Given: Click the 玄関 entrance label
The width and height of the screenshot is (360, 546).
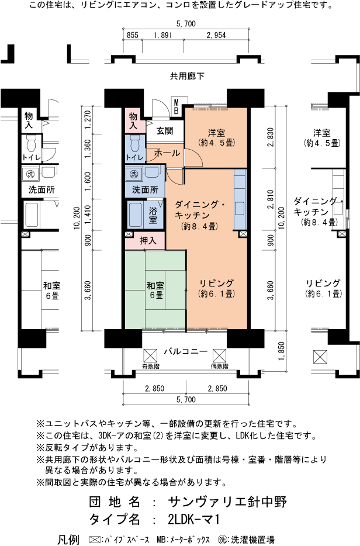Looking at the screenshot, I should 164,130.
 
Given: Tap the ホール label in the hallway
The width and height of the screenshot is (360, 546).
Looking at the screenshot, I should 167,152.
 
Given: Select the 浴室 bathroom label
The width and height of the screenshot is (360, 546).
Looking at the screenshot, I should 153,215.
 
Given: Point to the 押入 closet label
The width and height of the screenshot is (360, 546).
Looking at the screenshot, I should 148,240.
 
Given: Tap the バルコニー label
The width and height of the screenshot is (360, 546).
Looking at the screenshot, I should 185,351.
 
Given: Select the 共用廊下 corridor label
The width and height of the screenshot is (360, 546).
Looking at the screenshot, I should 187,76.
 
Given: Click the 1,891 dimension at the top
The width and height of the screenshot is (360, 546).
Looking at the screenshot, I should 162,35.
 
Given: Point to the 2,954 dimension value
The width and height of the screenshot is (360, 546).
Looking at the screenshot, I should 216,35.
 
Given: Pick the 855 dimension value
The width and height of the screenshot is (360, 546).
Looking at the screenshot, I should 132,35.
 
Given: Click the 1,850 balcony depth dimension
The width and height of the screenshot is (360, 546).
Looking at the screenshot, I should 282,355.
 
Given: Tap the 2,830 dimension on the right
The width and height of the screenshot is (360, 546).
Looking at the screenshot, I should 270,136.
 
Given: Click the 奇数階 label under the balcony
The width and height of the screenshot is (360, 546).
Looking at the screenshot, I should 150,367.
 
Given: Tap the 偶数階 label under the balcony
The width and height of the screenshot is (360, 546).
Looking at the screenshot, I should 219,367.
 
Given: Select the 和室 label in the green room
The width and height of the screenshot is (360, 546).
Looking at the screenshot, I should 155,291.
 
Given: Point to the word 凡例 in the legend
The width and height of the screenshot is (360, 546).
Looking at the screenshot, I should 68,539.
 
